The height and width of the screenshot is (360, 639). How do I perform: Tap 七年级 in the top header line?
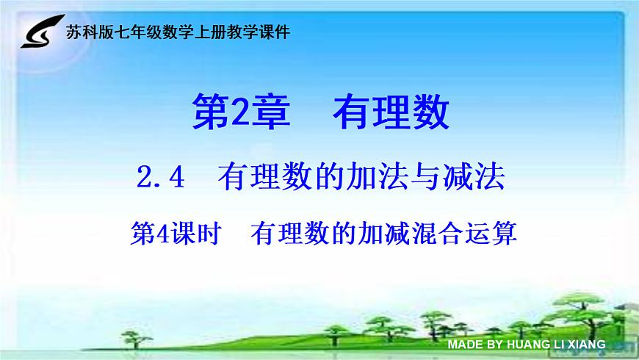tap(139, 32)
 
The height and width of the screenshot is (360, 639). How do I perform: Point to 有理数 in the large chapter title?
tap(390, 113)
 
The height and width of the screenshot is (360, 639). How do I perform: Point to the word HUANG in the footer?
tap(528, 344)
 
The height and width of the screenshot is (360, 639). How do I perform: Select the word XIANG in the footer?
tap(586, 344)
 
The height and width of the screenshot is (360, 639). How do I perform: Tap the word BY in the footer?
tap(494, 344)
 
